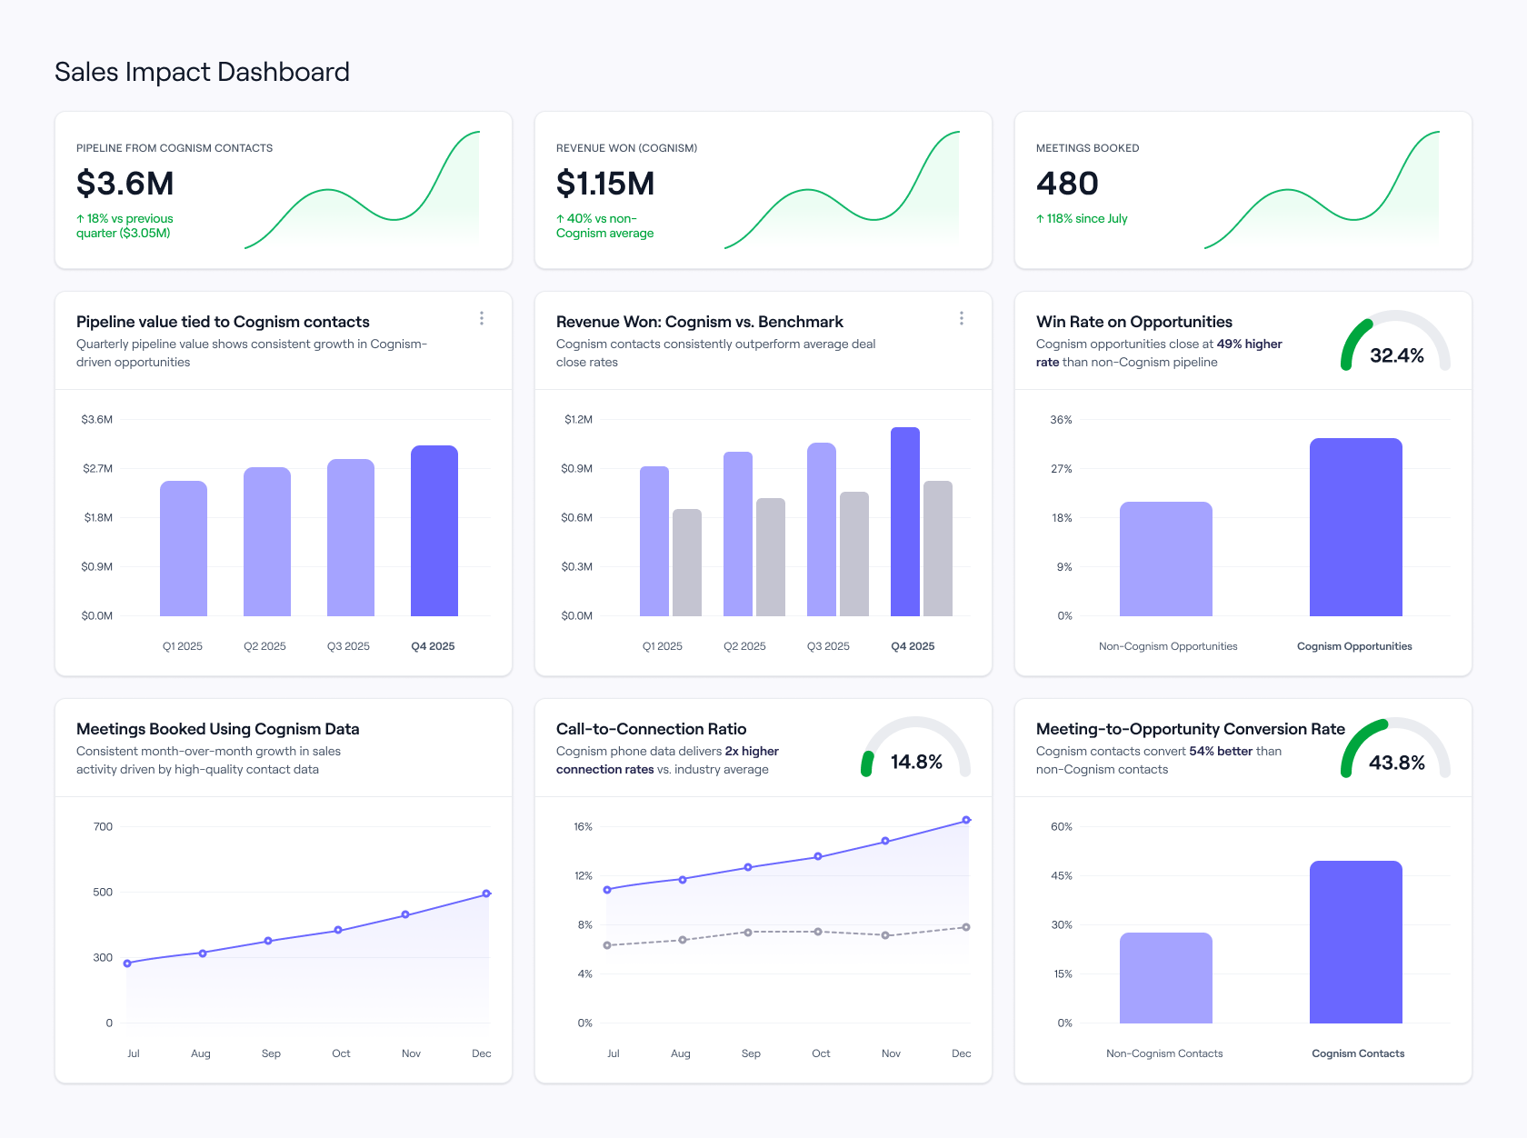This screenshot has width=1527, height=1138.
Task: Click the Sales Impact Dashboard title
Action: coord(202,72)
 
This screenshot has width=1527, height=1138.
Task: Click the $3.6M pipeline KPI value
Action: coord(125,184)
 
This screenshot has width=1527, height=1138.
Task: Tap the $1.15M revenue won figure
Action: coord(604,184)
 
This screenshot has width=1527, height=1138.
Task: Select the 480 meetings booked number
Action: coord(1067,184)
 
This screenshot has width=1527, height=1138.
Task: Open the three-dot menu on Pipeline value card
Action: coord(482,318)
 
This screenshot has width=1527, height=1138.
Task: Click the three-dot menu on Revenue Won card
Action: coord(962,318)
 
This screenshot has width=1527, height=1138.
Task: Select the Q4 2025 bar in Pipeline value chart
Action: coord(434,532)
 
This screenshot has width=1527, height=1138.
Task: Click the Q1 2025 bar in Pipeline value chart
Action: coord(184,549)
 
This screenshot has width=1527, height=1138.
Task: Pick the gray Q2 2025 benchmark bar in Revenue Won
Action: coord(771,557)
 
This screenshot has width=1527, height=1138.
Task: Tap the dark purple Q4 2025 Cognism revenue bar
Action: coord(905,523)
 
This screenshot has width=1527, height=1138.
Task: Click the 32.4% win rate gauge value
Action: coord(1396,355)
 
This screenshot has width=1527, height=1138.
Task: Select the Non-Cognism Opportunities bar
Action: coord(1166,559)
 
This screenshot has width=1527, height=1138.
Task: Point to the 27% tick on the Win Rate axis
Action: coord(1062,469)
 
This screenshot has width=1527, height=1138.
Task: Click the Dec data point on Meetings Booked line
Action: coord(486,893)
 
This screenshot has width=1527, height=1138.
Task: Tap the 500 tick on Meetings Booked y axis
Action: coord(103,893)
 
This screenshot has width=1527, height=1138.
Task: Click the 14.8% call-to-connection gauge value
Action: coord(916,762)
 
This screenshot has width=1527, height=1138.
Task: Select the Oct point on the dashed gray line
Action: coord(818,932)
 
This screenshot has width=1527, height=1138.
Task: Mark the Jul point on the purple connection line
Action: coord(607,890)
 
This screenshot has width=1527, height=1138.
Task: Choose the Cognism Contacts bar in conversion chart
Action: coord(1356,943)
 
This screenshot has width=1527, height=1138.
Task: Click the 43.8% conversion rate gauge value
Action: coord(1396,763)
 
